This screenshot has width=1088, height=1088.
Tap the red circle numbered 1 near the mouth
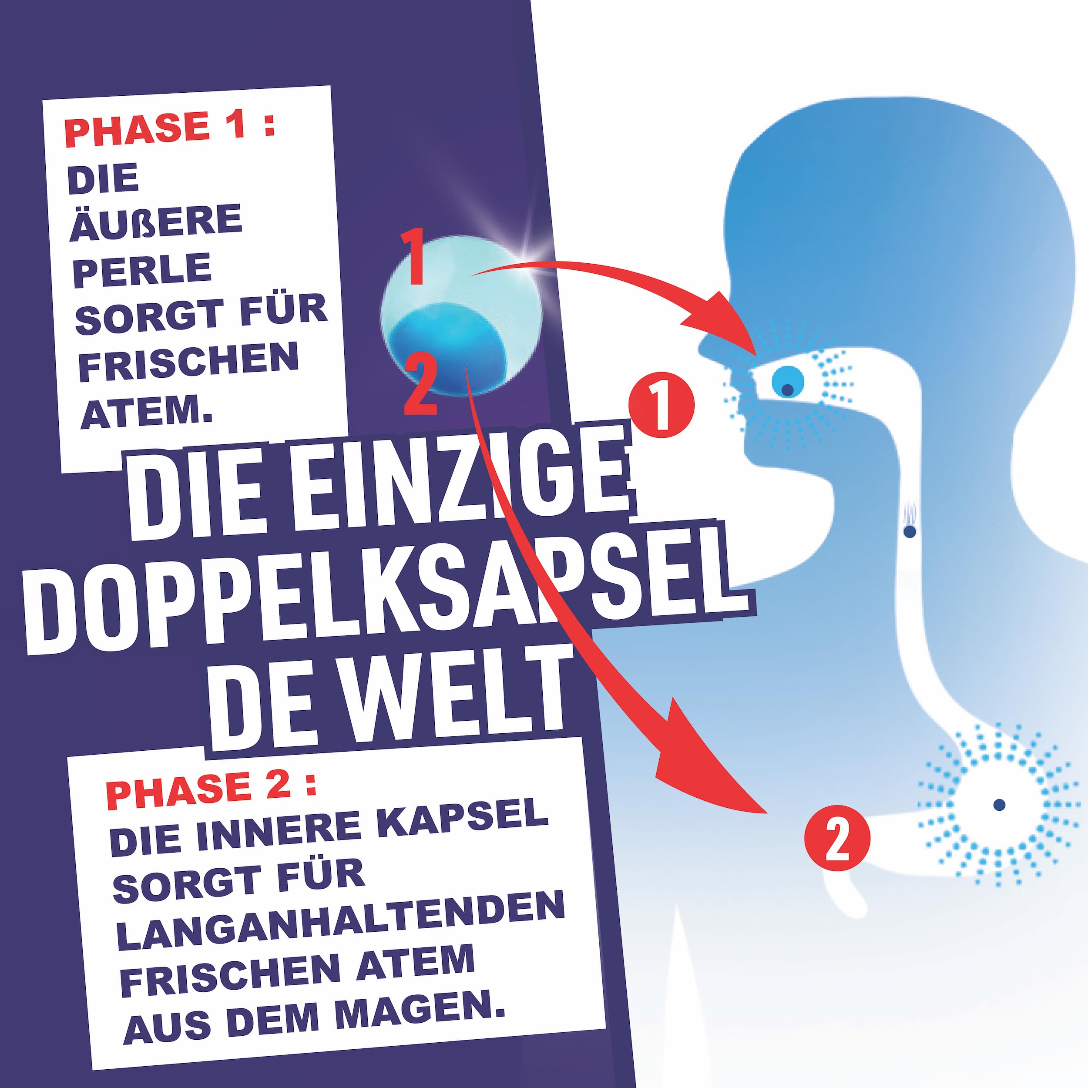[x=662, y=403]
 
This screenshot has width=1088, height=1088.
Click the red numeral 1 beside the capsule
[x=415, y=257]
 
